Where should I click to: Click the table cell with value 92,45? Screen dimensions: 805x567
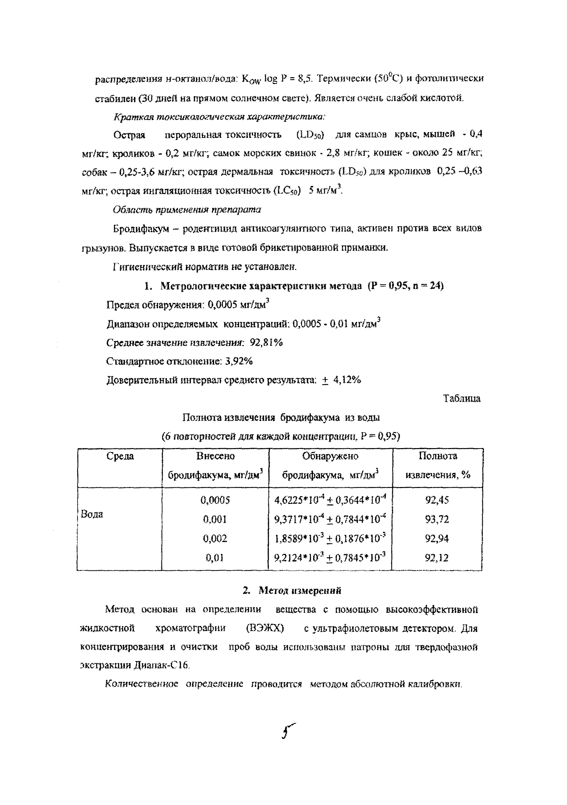pyautogui.click(x=437, y=500)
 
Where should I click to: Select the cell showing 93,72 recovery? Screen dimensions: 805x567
pyautogui.click(x=437, y=519)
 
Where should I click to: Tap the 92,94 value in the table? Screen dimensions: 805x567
pyautogui.click(x=437, y=539)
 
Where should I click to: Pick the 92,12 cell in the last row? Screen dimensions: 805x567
pyautogui.click(x=436, y=558)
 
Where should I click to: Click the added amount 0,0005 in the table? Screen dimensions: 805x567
pyautogui.click(x=215, y=500)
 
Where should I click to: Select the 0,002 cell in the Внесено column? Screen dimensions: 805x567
pyautogui.click(x=215, y=539)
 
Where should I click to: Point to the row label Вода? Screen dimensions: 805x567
pyautogui.click(x=92, y=514)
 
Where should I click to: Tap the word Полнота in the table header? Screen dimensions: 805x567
pyautogui.click(x=438, y=456)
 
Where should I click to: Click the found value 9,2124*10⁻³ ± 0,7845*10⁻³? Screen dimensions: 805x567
pyautogui.click(x=330, y=558)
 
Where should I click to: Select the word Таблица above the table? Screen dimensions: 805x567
pyautogui.click(x=462, y=399)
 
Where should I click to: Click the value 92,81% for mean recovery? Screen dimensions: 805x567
pyautogui.click(x=266, y=343)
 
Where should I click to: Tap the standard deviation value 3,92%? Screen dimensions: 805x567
pyautogui.click(x=239, y=361)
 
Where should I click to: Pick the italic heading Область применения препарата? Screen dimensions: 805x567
pyautogui.click(x=187, y=210)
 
